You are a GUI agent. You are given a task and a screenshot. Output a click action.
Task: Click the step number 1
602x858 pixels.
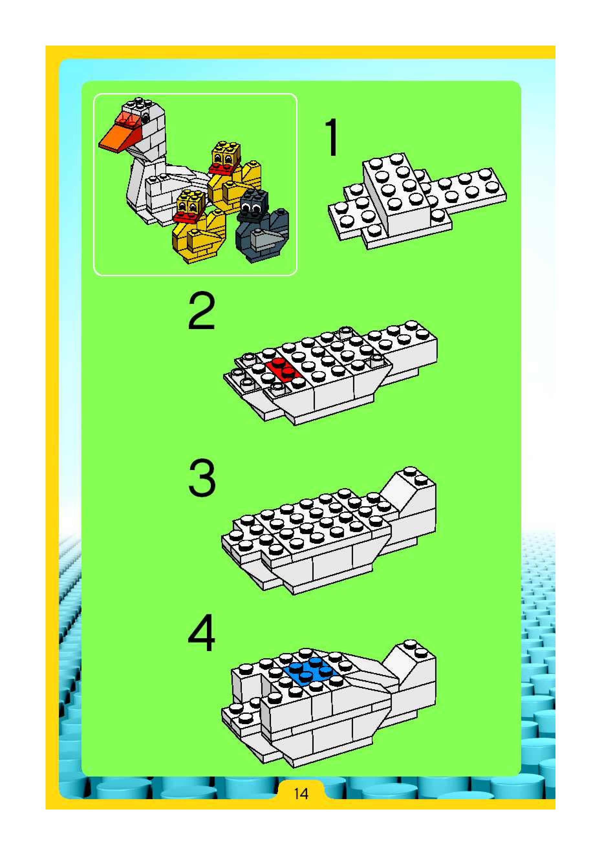pos(332,137)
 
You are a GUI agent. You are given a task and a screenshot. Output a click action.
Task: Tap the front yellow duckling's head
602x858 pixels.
pos(191,202)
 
